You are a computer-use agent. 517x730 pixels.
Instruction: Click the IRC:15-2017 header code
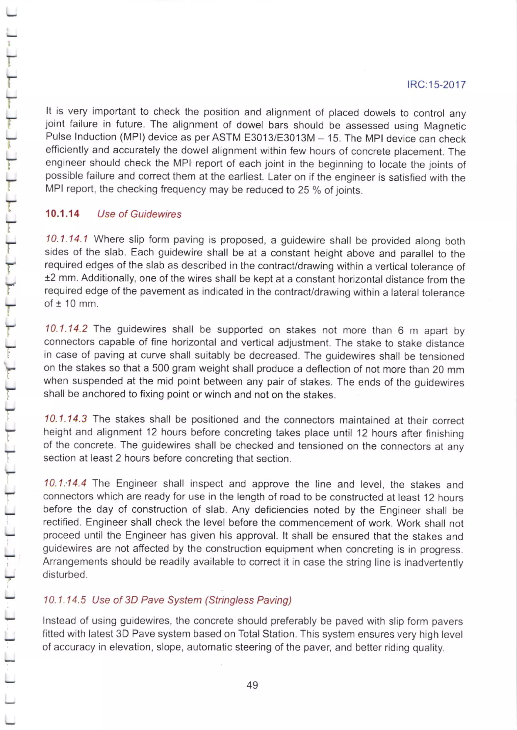click(x=436, y=85)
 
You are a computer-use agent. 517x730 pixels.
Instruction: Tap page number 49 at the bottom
click(x=252, y=685)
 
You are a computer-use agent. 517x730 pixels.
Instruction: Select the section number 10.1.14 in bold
click(x=62, y=213)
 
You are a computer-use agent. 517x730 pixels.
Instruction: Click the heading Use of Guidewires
click(x=139, y=214)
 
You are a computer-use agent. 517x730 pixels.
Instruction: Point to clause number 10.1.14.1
click(x=67, y=239)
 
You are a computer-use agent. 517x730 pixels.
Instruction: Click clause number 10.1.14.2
click(x=66, y=329)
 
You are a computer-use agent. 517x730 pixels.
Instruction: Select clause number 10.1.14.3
click(x=66, y=419)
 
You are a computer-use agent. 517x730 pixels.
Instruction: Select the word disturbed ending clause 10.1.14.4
click(x=65, y=575)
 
